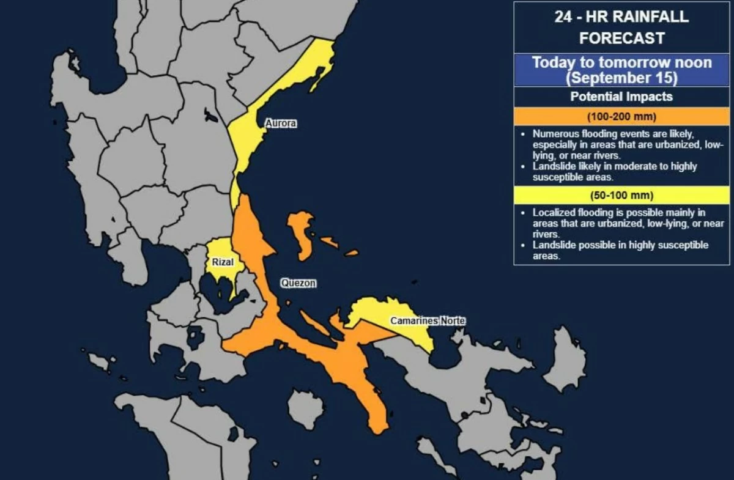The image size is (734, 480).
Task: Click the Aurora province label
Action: pos(280,124)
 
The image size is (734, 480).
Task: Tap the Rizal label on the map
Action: pos(222,262)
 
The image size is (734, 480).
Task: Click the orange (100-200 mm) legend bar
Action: pos(621,116)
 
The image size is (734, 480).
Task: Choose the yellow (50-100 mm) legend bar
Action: pos(621,196)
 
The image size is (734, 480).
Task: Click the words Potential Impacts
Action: pos(621,97)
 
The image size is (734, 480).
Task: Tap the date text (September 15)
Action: pos(621,78)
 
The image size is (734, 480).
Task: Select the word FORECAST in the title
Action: pos(621,38)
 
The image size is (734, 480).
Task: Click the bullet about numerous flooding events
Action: pos(624,144)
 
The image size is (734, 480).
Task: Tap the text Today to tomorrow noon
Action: pos(621,62)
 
